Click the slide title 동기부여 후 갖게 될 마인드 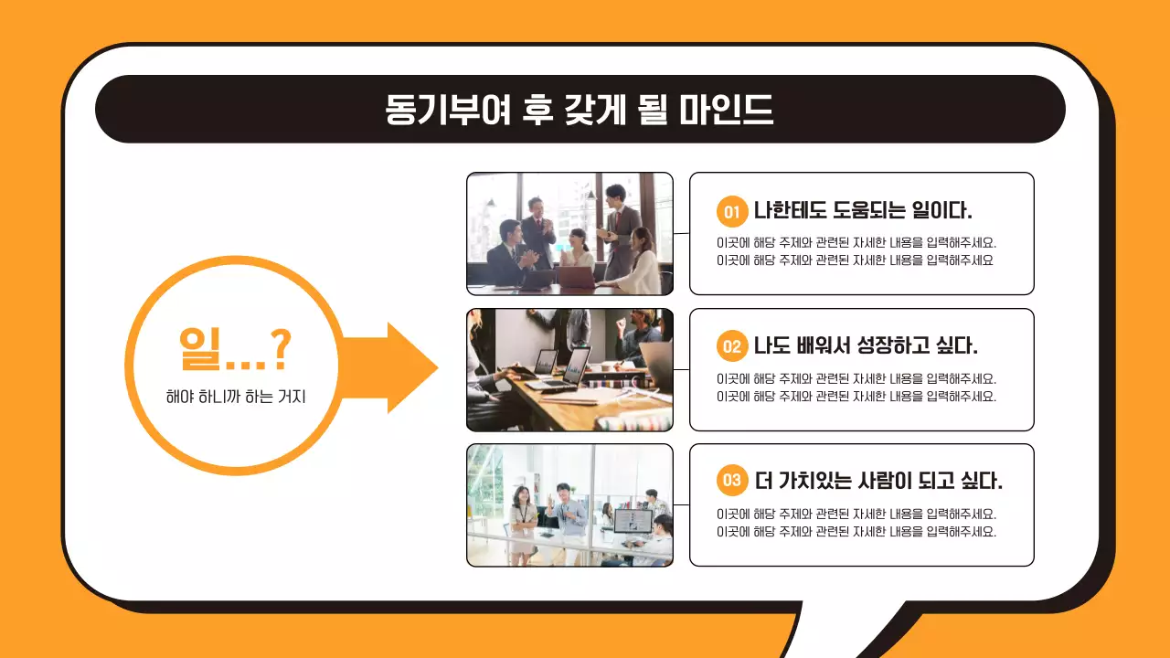[580, 109]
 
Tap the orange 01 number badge [731, 212]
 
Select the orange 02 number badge [731, 347]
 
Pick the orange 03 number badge [731, 481]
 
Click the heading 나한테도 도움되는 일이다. [863, 211]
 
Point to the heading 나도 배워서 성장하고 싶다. [866, 346]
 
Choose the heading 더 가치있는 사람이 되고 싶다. [878, 481]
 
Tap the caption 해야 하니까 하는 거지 [235, 398]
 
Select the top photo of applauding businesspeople [569, 233]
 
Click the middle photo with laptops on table [569, 369]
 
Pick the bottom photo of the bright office [569, 504]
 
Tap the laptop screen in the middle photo [576, 365]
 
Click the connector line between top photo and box [681, 234]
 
